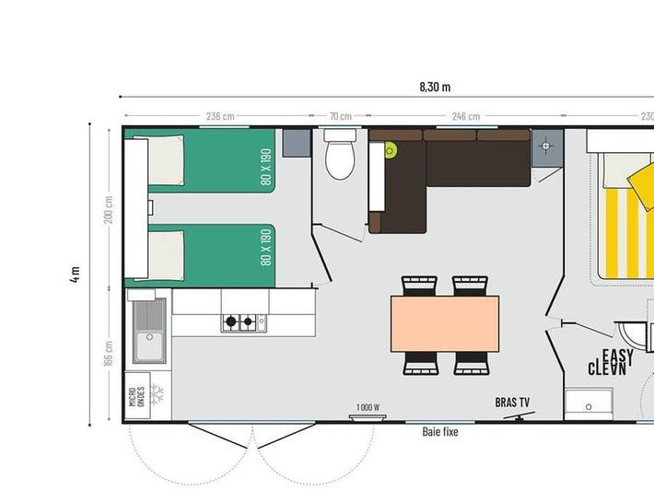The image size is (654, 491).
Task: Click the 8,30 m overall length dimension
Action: tap(434, 88)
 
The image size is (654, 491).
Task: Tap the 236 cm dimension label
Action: tap(219, 116)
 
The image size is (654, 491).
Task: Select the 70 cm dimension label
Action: tap(340, 116)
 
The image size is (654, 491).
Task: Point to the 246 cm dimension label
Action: tap(465, 116)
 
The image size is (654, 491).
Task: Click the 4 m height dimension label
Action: tap(75, 275)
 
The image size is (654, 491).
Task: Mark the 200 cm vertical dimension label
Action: tap(109, 210)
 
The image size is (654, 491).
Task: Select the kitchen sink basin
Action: tap(147, 345)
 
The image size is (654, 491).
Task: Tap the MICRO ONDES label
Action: tap(135, 402)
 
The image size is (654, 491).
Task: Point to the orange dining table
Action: tap(444, 323)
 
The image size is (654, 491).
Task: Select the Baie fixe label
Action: tap(439, 431)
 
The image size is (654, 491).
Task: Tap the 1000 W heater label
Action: tap(368, 407)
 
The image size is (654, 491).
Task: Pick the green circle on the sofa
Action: tap(391, 150)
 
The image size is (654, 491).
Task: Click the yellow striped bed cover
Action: tap(626, 230)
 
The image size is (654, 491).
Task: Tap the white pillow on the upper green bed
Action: tap(166, 159)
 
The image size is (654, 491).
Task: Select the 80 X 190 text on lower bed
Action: tap(265, 246)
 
